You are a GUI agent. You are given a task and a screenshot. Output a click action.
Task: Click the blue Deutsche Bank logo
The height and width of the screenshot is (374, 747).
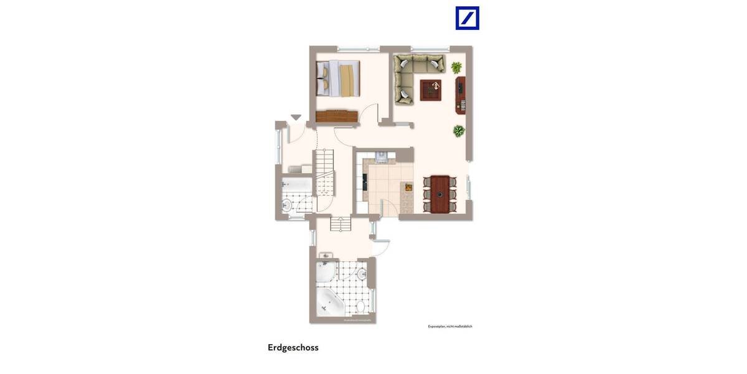tap(467, 18)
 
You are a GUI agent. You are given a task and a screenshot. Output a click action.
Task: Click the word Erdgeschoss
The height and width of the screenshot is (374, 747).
tap(293, 347)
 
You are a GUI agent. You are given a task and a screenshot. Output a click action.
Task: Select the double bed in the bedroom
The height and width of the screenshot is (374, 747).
tap(339, 78)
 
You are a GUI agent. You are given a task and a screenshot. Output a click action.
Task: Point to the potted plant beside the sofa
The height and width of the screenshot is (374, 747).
tap(457, 67)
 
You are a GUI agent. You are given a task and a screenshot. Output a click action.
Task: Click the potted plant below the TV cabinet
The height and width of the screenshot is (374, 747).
tap(459, 131)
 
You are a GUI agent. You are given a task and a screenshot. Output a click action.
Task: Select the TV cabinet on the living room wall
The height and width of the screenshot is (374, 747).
tap(461, 95)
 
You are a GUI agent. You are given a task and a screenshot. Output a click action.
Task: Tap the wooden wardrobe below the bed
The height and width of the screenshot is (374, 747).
tap(336, 116)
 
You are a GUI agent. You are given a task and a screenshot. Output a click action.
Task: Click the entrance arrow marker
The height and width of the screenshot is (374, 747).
tap(296, 117)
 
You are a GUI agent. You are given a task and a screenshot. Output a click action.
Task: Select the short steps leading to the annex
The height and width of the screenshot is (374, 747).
tap(341, 224)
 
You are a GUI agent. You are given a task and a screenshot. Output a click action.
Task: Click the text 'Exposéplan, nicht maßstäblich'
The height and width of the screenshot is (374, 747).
tap(450, 327)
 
